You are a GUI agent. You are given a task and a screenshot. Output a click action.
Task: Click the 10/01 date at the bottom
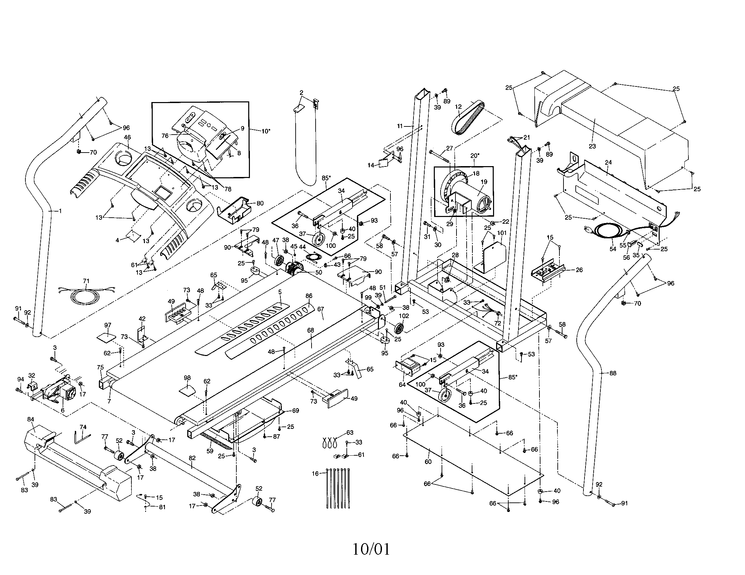(371, 549)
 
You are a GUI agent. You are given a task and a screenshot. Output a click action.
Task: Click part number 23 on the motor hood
(592, 146)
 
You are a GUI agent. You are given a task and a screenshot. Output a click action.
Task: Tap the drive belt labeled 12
(467, 118)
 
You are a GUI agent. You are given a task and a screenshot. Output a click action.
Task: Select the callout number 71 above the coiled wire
(86, 281)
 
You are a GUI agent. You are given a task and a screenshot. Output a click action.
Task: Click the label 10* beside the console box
(265, 131)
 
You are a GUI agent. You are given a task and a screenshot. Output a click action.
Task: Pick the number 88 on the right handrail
(613, 373)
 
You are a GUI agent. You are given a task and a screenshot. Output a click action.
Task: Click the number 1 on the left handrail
(60, 211)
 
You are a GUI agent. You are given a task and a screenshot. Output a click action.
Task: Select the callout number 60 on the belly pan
(428, 462)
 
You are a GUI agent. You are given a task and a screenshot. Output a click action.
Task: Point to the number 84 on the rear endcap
(31, 419)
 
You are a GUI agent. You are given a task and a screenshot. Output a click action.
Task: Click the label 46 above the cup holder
(127, 137)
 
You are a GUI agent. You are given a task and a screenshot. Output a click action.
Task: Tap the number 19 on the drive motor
(484, 182)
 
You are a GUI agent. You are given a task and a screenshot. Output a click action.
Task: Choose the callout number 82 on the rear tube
(192, 458)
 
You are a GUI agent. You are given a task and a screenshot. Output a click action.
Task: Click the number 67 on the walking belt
(320, 309)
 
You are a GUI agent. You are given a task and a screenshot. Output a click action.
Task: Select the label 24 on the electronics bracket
(608, 162)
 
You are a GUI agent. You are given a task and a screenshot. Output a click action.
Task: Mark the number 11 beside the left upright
(400, 126)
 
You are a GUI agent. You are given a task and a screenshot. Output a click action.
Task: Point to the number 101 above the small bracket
(502, 233)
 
